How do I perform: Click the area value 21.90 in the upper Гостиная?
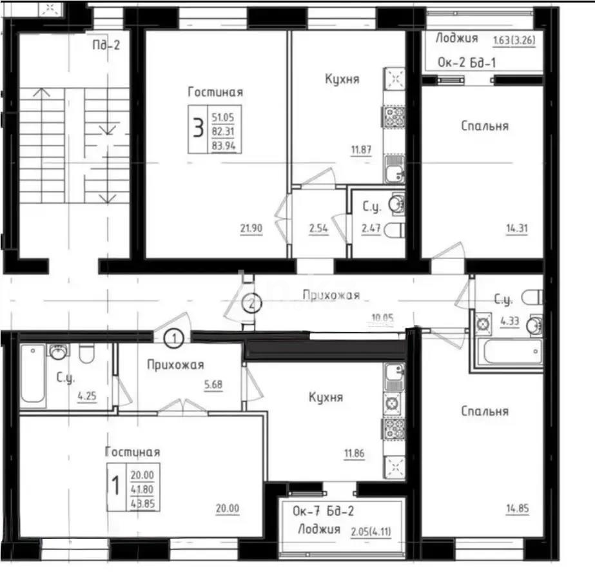250,227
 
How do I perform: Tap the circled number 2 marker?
252,303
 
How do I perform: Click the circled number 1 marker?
174,336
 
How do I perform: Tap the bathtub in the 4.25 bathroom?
32,375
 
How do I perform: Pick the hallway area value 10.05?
382,317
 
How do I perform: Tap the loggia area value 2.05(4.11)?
375,532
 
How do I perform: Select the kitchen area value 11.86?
354,454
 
